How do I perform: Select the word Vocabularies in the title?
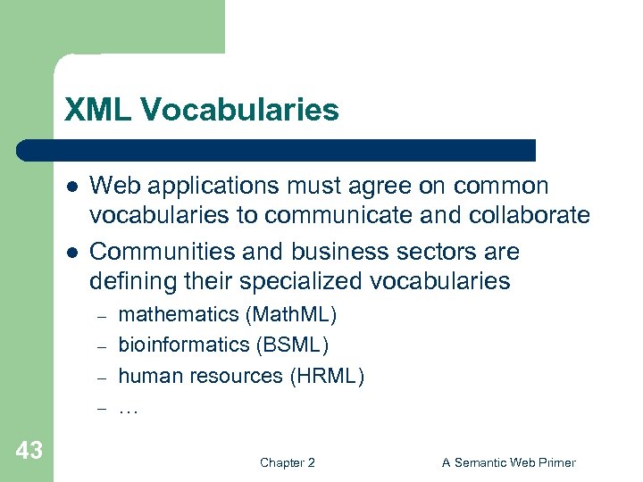(x=238, y=110)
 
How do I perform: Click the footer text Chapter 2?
(x=287, y=462)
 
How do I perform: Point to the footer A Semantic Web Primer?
(x=509, y=462)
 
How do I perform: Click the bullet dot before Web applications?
(x=71, y=187)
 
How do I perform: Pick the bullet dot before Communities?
(x=71, y=252)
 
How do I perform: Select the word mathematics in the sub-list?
(x=170, y=314)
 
